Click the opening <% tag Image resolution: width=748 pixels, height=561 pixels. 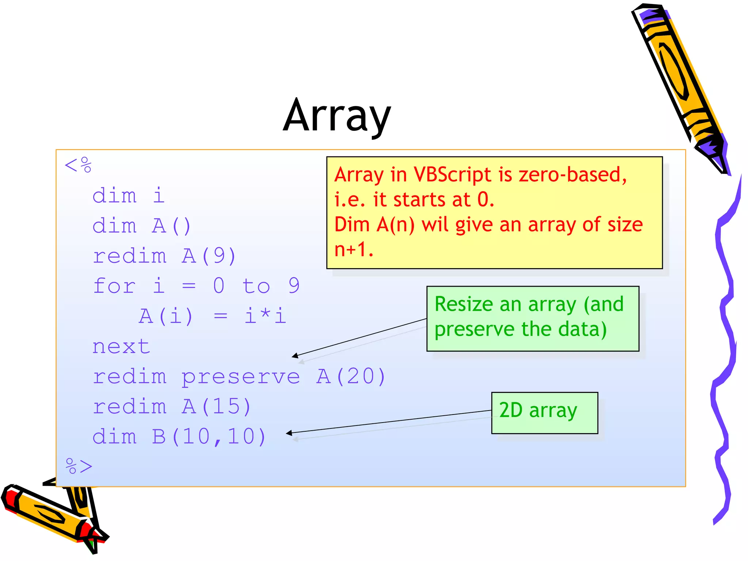pos(78,165)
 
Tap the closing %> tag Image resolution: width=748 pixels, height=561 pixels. pos(79,466)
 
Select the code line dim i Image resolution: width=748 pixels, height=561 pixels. pos(129,195)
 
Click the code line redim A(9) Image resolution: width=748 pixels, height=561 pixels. pos(164,256)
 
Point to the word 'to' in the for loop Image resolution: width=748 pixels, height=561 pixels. pos(256,286)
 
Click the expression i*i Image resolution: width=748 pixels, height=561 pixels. pos(265,316)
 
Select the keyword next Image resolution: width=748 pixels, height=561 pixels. pos(121,346)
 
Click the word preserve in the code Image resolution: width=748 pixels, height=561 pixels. pos(241,377)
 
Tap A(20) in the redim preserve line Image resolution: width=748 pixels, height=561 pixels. pos(351,376)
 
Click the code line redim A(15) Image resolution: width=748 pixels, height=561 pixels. pos(172,407)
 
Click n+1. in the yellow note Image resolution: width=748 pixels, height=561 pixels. pos(354,250)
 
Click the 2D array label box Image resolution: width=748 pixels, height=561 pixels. pos(544,413)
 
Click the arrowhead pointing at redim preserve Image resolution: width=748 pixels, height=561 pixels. pos(294,356)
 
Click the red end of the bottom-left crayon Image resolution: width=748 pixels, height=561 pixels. pos(11,499)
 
